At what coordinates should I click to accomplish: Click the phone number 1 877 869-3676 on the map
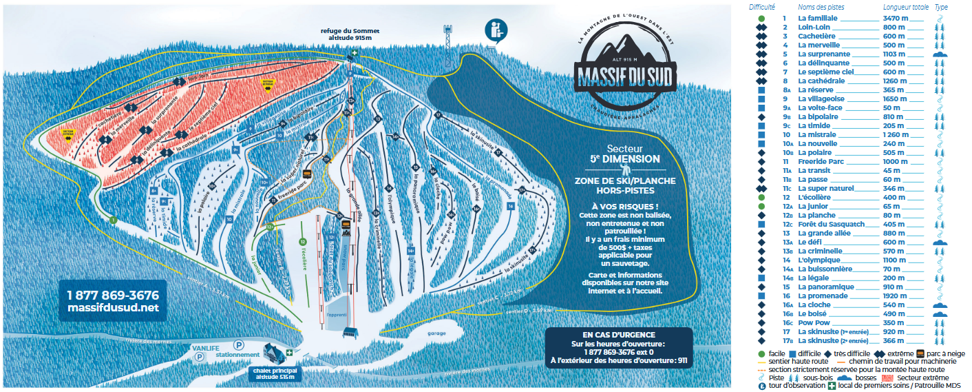[x=113, y=294]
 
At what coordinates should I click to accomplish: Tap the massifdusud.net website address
[x=113, y=307]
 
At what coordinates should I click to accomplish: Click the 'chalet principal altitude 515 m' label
[x=274, y=374]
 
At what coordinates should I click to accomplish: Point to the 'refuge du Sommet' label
[x=350, y=31]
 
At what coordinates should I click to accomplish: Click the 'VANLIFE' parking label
[x=206, y=349]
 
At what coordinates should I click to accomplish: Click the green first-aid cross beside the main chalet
[x=290, y=353]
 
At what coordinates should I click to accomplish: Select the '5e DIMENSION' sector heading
[x=624, y=159]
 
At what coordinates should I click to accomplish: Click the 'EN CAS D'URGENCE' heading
[x=618, y=334]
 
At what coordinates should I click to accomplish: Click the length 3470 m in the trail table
[x=898, y=19]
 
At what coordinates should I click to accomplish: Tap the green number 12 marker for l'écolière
[x=302, y=242]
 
